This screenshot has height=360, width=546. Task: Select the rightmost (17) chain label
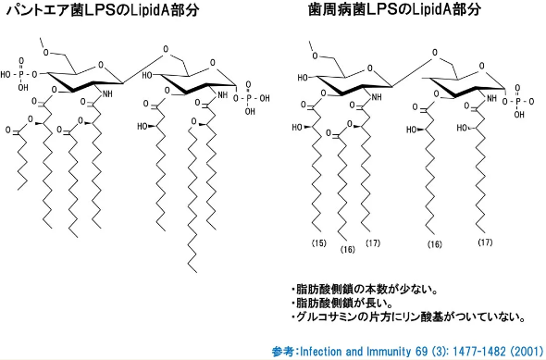coord(484,242)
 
